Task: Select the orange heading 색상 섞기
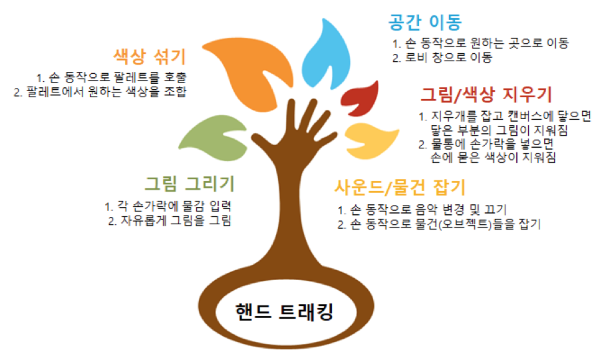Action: tap(149, 55)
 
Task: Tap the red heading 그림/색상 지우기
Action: tap(486, 94)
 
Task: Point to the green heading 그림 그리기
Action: tap(190, 183)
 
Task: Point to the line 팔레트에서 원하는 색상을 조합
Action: tap(100, 91)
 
